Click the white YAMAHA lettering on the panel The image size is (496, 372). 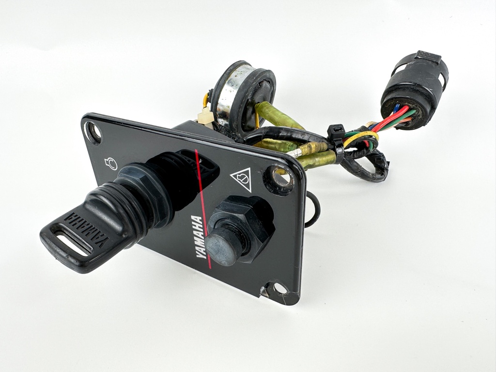point(197,237)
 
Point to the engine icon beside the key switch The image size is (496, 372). point(111,164)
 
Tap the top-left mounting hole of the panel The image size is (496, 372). point(93,132)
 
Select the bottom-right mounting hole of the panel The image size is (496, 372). point(279,289)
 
